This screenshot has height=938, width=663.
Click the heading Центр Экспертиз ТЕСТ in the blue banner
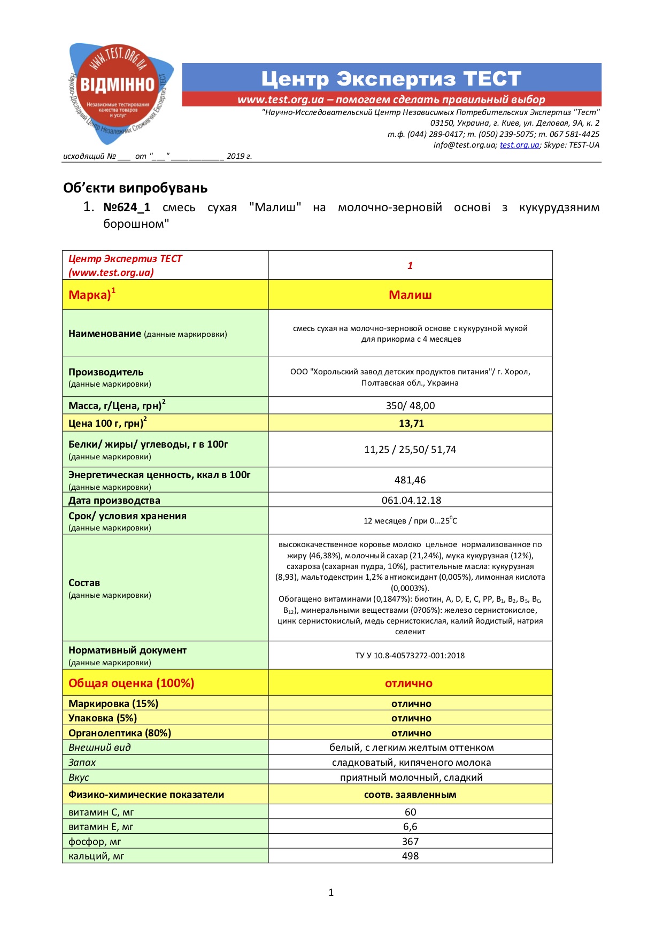pyautogui.click(x=391, y=79)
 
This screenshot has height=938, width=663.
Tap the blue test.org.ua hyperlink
pyautogui.click(x=519, y=145)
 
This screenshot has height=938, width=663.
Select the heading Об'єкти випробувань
pyautogui.click(x=135, y=188)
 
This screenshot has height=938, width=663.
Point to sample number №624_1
pyautogui.click(x=127, y=207)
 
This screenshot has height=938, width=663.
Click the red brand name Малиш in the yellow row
pyautogui.click(x=410, y=295)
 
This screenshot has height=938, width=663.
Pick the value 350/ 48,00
pyautogui.click(x=410, y=406)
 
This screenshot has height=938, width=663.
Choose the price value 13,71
pyautogui.click(x=411, y=424)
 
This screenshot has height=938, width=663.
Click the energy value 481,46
pyautogui.click(x=410, y=480)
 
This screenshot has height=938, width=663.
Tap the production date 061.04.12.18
pyautogui.click(x=411, y=501)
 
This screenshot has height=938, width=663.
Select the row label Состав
pyautogui.click(x=84, y=583)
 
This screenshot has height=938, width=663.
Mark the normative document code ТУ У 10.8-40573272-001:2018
pyautogui.click(x=410, y=656)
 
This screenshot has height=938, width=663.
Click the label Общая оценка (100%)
pyautogui.click(x=131, y=683)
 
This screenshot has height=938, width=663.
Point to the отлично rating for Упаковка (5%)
pyautogui.click(x=411, y=718)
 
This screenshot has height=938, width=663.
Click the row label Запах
pyautogui.click(x=82, y=763)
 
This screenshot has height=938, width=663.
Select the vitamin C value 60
pyautogui.click(x=410, y=812)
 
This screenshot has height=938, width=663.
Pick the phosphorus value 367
pyautogui.click(x=410, y=842)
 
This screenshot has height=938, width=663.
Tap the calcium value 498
pyautogui.click(x=410, y=856)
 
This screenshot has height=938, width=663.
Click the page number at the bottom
pyautogui.click(x=331, y=893)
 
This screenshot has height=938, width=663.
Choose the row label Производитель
pyautogui.click(x=106, y=372)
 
